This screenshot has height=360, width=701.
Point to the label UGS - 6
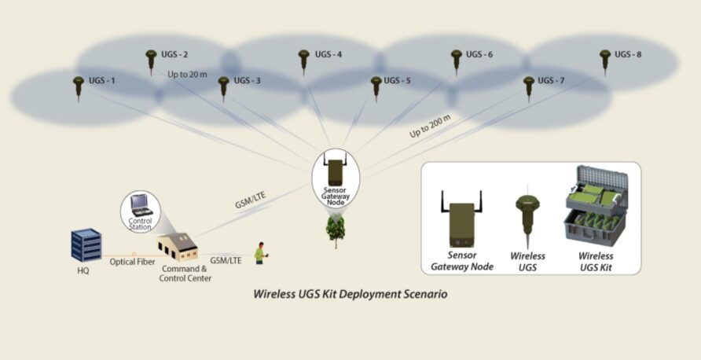(x=479, y=54)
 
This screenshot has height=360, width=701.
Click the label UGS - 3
(x=248, y=80)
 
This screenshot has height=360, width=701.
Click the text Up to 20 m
(x=187, y=74)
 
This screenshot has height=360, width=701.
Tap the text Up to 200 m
(x=430, y=126)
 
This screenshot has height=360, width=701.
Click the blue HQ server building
(x=86, y=244)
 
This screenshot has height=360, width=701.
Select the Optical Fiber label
(x=132, y=262)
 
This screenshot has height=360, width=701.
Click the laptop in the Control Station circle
(x=141, y=206)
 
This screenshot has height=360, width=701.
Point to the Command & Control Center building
(x=178, y=247)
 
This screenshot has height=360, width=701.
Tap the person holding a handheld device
(x=260, y=253)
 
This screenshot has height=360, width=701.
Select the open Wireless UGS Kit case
(x=596, y=206)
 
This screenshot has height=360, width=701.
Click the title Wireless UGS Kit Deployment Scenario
(x=350, y=294)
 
